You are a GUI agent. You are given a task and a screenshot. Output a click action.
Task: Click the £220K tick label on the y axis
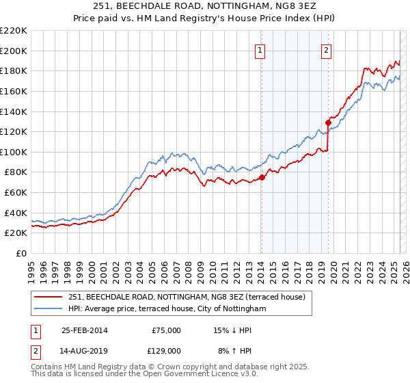coord(14,30)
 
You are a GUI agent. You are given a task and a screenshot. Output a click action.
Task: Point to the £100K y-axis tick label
coord(14,152)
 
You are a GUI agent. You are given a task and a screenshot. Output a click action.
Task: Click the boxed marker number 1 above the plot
coord(261,49)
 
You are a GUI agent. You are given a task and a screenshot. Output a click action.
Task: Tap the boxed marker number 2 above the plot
coord(327,49)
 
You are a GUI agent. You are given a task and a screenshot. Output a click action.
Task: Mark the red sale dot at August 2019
coord(328,122)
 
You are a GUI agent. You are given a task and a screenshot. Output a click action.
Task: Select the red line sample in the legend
coord(49,297)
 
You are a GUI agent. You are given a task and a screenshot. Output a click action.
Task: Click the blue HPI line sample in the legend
coord(49,309)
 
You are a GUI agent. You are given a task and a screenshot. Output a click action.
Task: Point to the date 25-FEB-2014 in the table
coord(85,330)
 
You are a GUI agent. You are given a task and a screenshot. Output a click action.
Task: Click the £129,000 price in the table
coord(166,351)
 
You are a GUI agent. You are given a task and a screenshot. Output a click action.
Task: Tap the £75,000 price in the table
coord(166,330)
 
